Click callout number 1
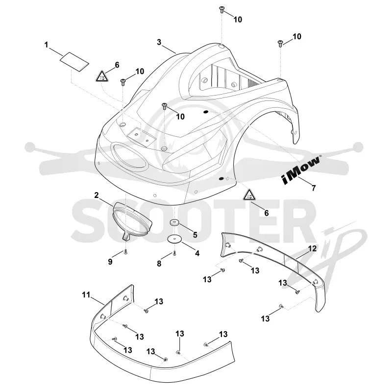tap(46, 45)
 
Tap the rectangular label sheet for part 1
tap(74, 62)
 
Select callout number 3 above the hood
tap(159, 43)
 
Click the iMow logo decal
tap(301, 170)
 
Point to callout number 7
tap(314, 188)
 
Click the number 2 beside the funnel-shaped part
tap(97, 196)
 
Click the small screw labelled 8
tap(174, 253)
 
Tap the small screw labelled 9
tap(126, 252)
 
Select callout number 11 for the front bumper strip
tap(86, 295)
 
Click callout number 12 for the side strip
tap(312, 248)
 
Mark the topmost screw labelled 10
tap(221, 10)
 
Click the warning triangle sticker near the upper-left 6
tap(101, 76)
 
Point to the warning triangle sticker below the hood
tap(249, 195)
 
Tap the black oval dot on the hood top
tap(206, 112)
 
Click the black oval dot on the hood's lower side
tap(221, 179)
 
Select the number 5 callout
tap(195, 235)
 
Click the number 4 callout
tap(197, 253)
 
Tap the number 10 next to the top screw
tap(238, 20)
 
